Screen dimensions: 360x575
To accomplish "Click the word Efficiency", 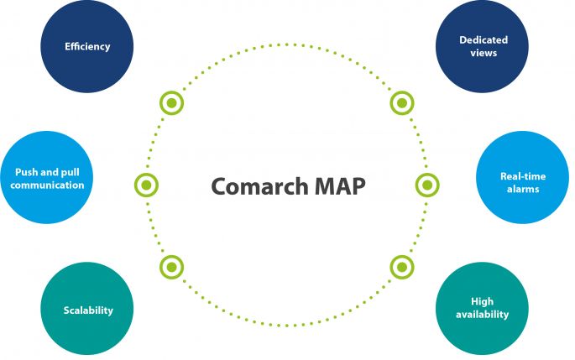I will click(87, 45).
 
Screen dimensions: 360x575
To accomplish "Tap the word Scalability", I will click(87, 310).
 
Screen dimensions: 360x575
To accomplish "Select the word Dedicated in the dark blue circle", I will click(484, 40).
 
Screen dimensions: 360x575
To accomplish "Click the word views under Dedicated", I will click(484, 53).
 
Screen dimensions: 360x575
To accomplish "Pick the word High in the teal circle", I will click(483, 301).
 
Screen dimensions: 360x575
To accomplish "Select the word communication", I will click(50, 185).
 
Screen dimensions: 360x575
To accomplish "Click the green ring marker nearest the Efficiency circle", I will click(171, 103).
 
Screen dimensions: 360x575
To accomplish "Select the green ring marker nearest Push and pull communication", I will click(147, 185).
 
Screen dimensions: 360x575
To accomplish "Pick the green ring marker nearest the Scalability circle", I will click(171, 267).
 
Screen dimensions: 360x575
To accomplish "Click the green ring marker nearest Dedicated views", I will click(402, 103).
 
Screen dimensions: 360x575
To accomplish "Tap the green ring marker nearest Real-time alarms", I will click(426, 185).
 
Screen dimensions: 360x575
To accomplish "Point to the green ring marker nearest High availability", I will click(402, 267).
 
